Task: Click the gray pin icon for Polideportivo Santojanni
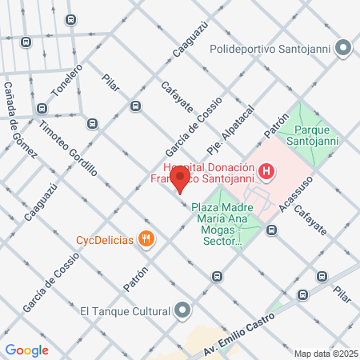tap(344, 49)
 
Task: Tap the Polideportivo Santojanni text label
tap(271, 49)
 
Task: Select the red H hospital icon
tap(267, 171)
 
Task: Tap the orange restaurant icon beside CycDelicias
tap(146, 238)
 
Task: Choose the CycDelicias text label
tap(104, 239)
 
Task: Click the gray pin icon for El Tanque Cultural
tap(184, 310)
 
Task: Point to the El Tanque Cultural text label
tap(126, 310)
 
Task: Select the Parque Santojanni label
tap(318, 136)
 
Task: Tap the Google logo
tap(26, 350)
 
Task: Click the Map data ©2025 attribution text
tap(326, 354)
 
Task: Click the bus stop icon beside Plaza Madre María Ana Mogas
tap(272, 230)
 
